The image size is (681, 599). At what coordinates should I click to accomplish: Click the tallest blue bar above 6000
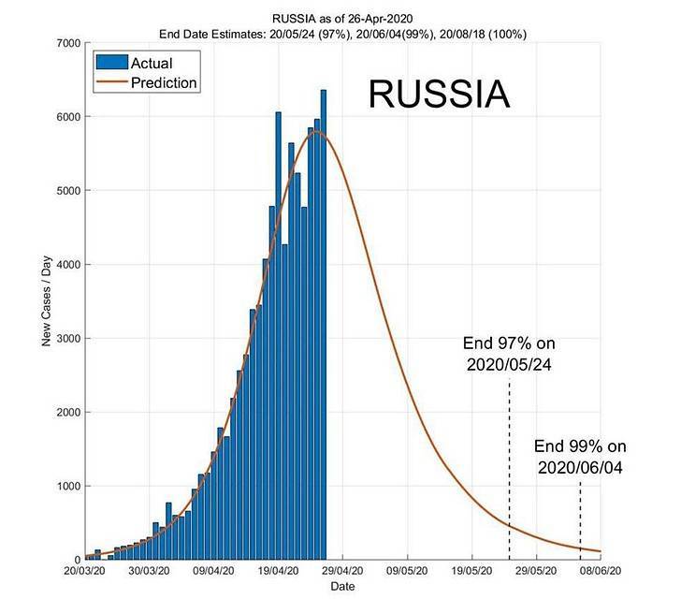coord(323,325)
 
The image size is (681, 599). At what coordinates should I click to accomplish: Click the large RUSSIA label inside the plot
coord(439,94)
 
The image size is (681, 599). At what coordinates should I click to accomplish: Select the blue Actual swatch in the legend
coord(112,62)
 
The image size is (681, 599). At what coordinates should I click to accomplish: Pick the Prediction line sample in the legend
coord(112,82)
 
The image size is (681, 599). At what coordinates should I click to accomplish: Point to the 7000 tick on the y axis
coord(68,43)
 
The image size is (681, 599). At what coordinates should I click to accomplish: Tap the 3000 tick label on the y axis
coord(68,338)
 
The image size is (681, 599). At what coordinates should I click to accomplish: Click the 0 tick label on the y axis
coord(78,560)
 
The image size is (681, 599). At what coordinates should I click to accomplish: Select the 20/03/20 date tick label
coord(85,571)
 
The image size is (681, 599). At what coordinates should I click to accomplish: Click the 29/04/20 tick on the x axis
coord(342,571)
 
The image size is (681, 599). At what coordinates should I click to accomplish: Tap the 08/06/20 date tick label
coord(601,571)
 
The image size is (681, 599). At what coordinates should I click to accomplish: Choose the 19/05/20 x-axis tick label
coord(471,571)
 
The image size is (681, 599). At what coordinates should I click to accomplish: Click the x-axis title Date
coord(342,587)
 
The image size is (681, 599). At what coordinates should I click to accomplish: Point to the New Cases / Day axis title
coord(47,301)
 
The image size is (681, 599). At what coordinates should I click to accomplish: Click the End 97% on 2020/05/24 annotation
coord(509,354)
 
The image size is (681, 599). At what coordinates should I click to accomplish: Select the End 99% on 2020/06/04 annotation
coord(580,457)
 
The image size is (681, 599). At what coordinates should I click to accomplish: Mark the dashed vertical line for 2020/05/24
coord(509,469)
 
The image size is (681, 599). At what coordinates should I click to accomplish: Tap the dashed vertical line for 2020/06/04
coord(580,520)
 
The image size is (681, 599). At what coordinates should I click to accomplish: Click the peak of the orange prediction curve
coord(317,131)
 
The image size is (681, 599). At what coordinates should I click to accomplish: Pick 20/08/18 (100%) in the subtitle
coord(483,34)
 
